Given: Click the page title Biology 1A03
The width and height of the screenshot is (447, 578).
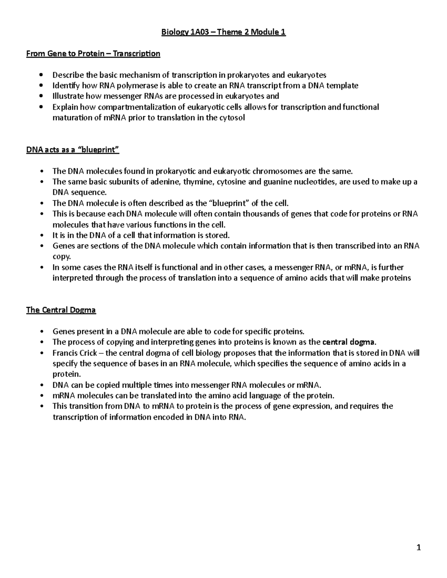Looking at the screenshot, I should click(x=223, y=32).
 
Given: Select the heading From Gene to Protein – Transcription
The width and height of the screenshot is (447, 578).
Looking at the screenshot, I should click(x=93, y=54).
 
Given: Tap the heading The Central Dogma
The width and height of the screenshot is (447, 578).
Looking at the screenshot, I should click(x=61, y=310).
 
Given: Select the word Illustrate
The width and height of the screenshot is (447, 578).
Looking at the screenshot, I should click(x=68, y=96).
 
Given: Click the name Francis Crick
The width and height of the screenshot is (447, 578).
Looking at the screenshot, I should click(x=75, y=353).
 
